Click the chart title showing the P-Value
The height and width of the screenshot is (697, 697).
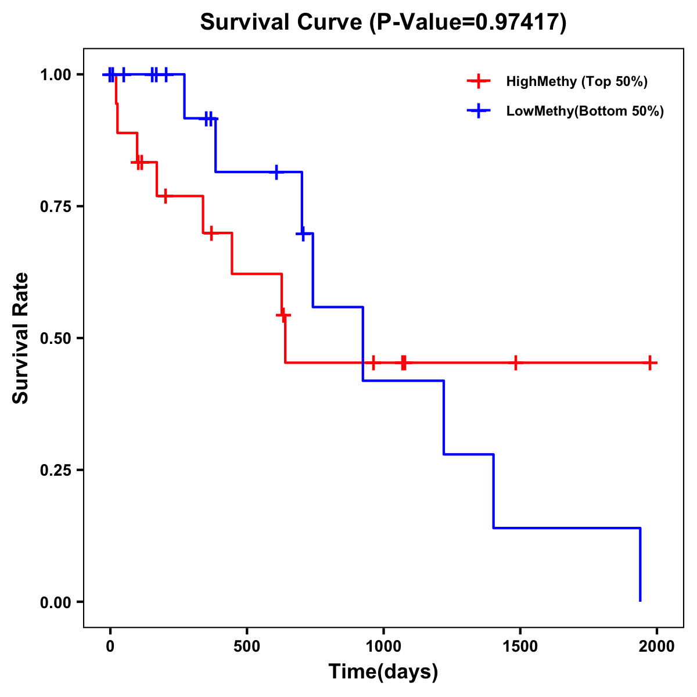point(383,22)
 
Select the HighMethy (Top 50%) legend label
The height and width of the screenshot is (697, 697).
point(576,81)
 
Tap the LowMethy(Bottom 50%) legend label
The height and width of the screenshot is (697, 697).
point(585,111)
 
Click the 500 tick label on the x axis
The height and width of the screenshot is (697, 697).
point(247,646)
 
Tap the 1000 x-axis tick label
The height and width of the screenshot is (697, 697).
point(383,646)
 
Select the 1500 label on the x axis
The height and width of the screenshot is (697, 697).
point(520,646)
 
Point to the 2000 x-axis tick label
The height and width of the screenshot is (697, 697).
point(657,646)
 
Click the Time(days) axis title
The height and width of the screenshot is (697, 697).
point(383,672)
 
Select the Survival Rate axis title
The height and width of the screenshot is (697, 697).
point(21,338)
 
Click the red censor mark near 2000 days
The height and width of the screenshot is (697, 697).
point(651,362)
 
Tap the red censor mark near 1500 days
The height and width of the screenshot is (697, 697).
point(515,362)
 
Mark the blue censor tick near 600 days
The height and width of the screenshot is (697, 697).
point(276,172)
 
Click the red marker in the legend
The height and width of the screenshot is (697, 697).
point(478,81)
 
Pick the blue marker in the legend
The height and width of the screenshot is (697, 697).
point(478,111)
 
